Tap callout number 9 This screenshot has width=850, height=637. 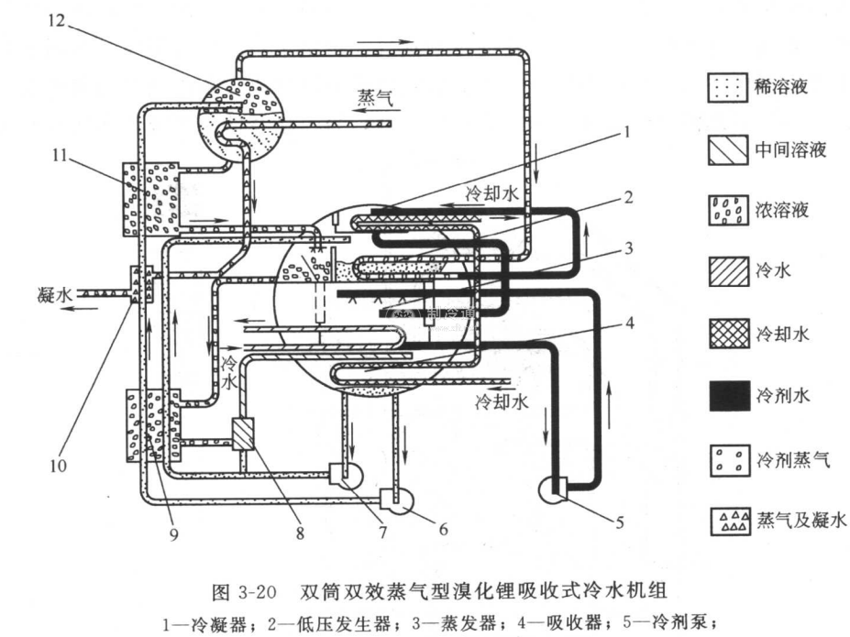point(171,529)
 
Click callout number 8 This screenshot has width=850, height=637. point(296,530)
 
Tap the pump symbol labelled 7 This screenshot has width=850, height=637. point(345,475)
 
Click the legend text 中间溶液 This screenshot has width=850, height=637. point(790,149)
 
